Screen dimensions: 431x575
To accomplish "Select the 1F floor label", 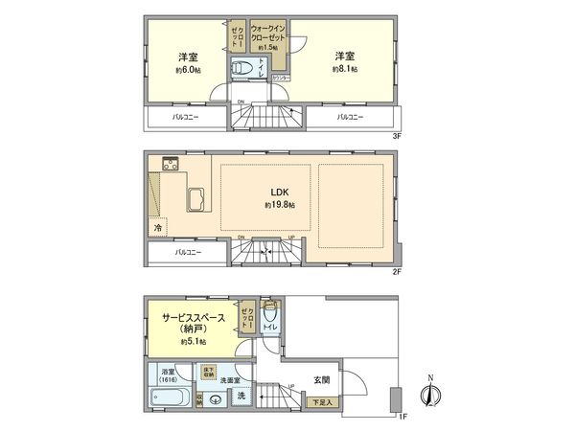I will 403,416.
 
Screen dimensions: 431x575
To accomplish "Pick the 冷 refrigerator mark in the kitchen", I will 157,228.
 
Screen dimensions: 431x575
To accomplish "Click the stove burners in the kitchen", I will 171,165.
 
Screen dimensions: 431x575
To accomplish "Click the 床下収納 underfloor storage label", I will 207,371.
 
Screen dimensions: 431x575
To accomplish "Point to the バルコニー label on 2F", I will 187,253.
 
